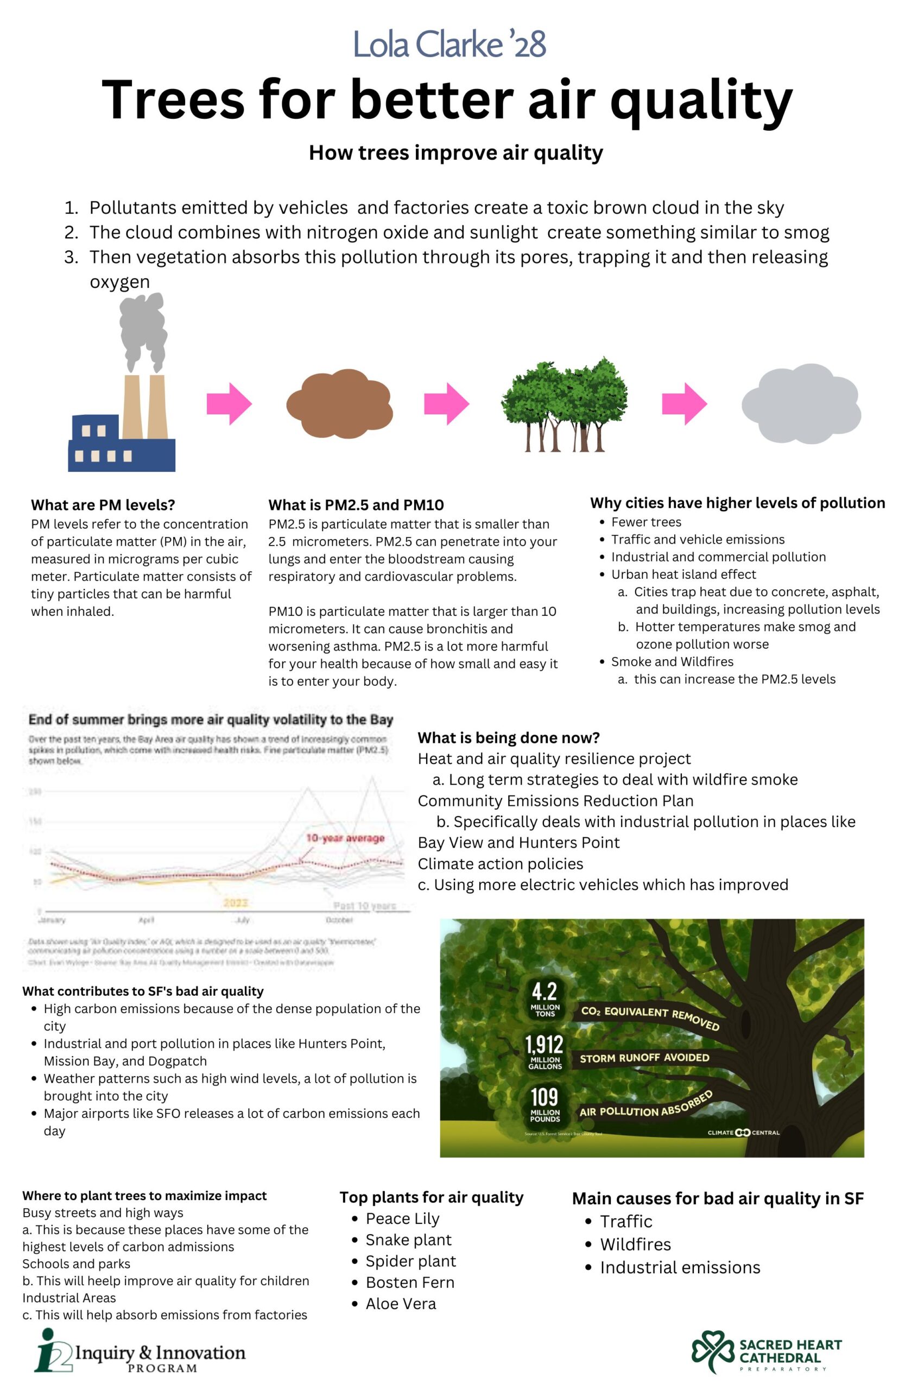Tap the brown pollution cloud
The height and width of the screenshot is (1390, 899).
point(339,403)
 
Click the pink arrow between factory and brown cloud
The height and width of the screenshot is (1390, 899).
point(229,403)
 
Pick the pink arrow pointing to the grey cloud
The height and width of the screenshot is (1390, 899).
point(684,403)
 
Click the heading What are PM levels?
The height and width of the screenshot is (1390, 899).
point(103,504)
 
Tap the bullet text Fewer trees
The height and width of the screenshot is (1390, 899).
point(645,522)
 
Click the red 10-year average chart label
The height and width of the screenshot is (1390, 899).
point(346,838)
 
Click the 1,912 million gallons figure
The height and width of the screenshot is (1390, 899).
point(545,1051)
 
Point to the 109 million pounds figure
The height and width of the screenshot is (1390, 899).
point(545,1103)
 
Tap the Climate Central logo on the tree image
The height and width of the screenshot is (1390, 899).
point(743,1133)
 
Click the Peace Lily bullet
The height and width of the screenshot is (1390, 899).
point(402,1218)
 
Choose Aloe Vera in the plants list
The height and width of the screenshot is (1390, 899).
point(401,1304)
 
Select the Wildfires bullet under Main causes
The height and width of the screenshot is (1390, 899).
point(636,1244)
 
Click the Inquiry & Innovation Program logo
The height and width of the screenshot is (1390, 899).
point(140,1353)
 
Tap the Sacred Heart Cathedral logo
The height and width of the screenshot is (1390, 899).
point(767,1352)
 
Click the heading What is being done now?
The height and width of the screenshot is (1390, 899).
point(509,737)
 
